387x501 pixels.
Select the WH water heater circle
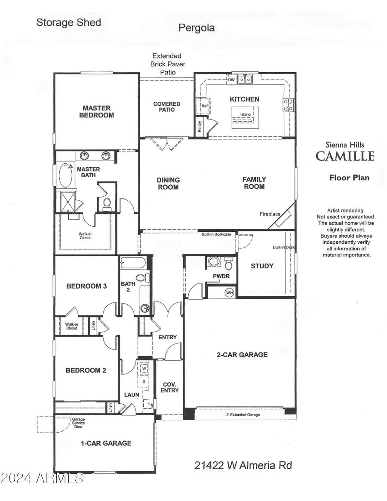(229, 292)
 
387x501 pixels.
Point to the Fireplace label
(270, 214)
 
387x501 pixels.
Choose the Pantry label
(200, 126)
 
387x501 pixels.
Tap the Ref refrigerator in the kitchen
(204, 105)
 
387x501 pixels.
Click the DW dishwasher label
(231, 80)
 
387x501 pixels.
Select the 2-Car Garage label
(242, 355)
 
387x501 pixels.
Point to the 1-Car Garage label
(106, 443)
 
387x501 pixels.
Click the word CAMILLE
(345, 156)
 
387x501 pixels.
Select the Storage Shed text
(68, 22)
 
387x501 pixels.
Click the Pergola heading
(197, 28)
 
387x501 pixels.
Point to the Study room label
(262, 266)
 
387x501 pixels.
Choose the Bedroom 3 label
(86, 286)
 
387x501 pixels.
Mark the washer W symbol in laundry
(144, 369)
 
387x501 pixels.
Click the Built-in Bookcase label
(217, 234)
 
